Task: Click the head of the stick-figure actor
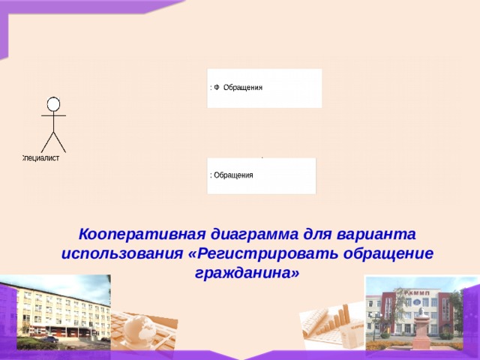(53, 103)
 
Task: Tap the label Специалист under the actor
(40, 158)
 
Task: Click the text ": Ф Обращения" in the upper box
(236, 87)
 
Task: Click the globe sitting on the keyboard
(139, 328)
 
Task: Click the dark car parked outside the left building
(49, 339)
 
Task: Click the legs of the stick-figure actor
(53, 142)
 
